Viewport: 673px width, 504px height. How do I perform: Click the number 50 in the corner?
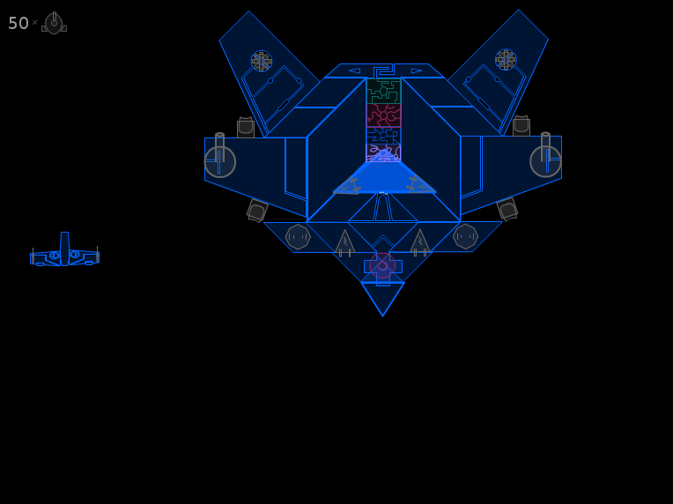18,23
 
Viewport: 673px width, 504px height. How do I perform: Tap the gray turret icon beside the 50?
54,23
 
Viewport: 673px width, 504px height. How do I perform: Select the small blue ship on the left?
64,250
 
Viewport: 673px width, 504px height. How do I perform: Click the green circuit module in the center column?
383,91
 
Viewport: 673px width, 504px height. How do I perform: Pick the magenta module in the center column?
383,115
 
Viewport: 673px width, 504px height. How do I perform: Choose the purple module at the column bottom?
383,152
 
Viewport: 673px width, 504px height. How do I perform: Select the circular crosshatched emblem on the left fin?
262,61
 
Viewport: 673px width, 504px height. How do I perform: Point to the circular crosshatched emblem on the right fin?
506,60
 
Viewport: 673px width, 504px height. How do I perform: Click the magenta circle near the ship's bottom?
382,266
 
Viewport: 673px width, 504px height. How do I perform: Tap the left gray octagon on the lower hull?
298,236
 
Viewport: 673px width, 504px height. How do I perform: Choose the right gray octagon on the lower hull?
465,236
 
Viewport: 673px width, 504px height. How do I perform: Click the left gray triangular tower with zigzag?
344,243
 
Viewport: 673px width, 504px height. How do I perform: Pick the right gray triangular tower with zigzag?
420,243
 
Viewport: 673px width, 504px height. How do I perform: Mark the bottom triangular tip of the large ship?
383,316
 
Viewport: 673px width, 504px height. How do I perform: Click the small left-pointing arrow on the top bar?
354,70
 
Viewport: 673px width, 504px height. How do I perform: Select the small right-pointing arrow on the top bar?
417,70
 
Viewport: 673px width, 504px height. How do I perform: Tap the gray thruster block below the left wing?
257,211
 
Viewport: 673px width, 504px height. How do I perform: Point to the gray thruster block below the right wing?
507,209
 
